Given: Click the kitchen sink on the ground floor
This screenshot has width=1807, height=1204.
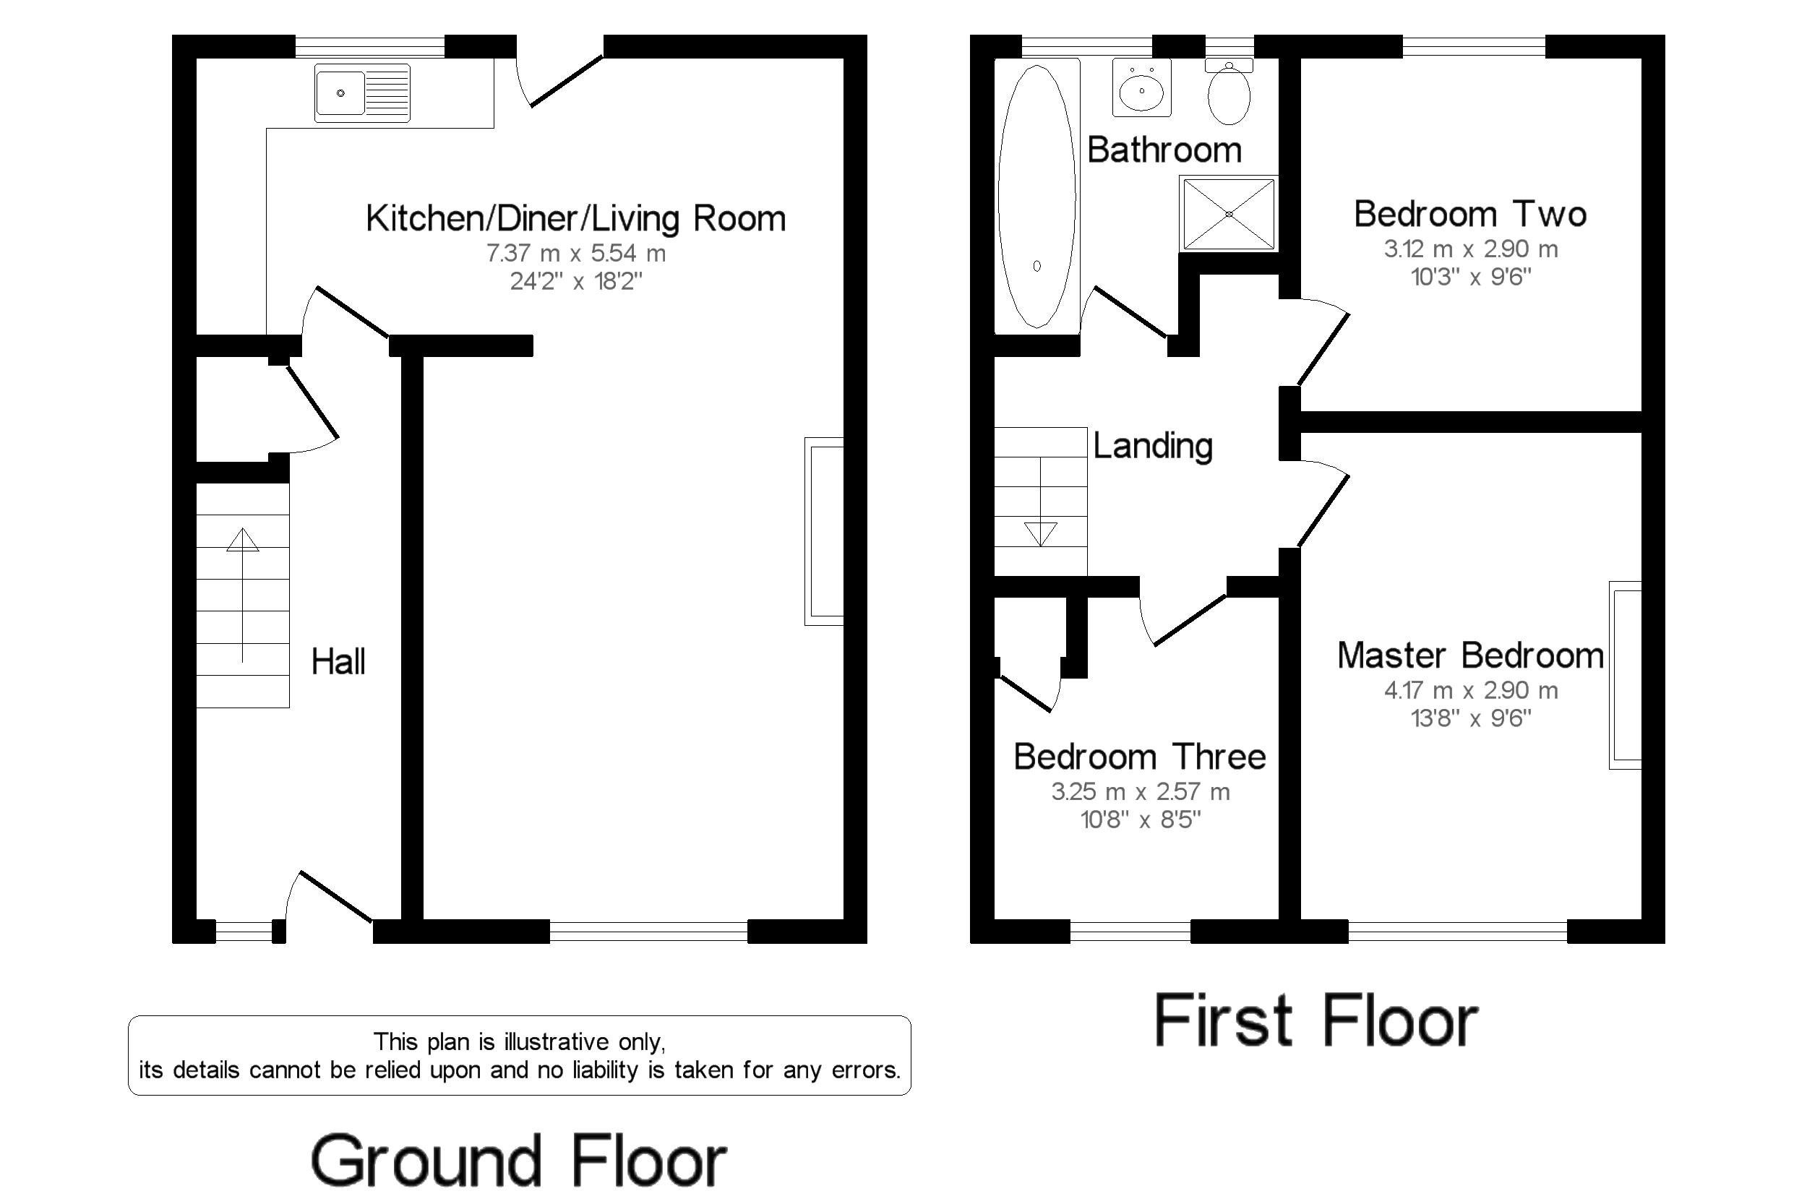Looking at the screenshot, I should (x=361, y=94).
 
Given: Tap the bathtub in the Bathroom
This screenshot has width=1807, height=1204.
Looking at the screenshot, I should (x=1036, y=197).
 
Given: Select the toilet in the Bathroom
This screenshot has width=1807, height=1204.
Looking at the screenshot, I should (x=1228, y=95).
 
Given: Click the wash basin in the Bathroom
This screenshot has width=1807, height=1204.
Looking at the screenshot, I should (x=1141, y=89).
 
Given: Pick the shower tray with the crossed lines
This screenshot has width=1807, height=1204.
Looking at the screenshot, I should (x=1228, y=213).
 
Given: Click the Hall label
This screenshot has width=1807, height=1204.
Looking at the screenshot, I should (x=337, y=662).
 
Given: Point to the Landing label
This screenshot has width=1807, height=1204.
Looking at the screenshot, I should (x=1152, y=446).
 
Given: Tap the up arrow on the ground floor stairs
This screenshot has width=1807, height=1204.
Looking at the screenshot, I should (x=243, y=541).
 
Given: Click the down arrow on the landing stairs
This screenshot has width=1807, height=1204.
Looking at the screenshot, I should (x=1040, y=533).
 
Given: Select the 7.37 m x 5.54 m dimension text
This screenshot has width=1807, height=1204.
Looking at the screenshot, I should (x=575, y=253).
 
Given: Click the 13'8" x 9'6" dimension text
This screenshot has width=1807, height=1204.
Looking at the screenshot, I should (x=1470, y=718).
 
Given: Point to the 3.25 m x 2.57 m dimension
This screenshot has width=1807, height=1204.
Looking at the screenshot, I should (x=1140, y=791).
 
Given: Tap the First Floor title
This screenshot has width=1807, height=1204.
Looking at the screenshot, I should (x=1315, y=1021).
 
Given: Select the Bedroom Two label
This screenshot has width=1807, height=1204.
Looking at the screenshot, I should (x=1469, y=214).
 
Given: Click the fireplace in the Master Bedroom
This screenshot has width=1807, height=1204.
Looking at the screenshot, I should (x=1625, y=675).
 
